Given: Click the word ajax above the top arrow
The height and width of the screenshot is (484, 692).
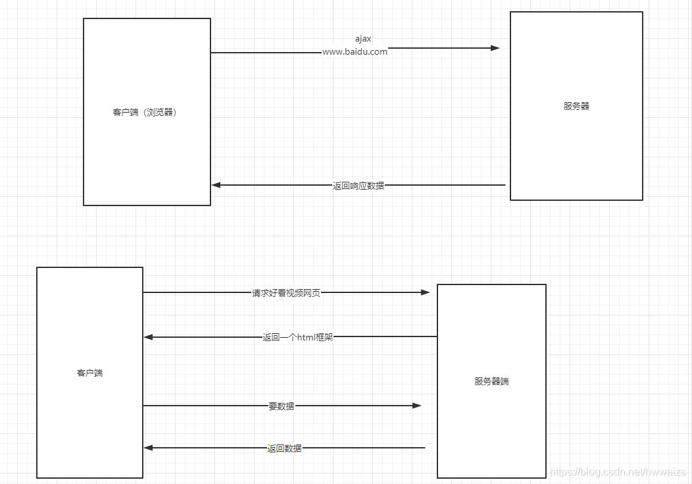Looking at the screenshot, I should (x=363, y=39).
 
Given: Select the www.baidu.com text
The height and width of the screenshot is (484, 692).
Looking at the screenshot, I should (x=355, y=52).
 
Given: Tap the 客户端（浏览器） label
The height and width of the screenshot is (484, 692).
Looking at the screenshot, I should (x=145, y=112).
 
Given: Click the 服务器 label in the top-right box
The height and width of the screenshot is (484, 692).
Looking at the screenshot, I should (x=576, y=106).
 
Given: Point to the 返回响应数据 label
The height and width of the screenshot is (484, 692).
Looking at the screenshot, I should (x=358, y=186).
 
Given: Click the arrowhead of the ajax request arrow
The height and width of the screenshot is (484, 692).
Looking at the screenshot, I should (x=495, y=48).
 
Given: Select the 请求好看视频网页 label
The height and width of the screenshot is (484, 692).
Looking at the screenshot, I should (x=286, y=293).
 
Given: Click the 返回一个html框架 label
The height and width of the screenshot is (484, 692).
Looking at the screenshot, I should (x=298, y=337).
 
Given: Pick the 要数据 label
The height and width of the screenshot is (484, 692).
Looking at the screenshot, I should (x=282, y=406).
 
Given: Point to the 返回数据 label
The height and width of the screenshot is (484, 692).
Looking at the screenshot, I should (x=284, y=448).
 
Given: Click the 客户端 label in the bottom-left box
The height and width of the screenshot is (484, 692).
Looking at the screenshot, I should (x=89, y=373).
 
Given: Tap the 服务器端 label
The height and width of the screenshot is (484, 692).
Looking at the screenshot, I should (x=491, y=381).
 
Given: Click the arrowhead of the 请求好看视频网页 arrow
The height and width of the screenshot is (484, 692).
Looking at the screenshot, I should (x=425, y=292).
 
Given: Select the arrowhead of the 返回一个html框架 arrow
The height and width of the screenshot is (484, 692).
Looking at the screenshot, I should (x=149, y=337).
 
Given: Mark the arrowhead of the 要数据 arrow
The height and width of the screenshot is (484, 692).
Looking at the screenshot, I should (x=416, y=406).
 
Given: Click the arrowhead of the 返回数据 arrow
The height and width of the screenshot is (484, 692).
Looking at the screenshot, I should (x=149, y=448).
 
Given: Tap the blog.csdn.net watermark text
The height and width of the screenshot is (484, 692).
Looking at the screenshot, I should (x=618, y=472).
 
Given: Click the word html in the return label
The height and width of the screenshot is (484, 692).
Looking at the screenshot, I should (x=307, y=337).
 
